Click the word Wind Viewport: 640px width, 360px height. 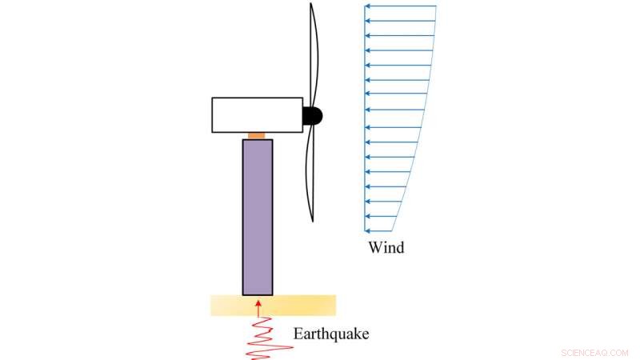tap(386, 247)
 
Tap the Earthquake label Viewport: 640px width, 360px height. tap(330, 334)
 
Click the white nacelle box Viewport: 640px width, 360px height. tap(257, 114)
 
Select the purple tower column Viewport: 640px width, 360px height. tap(258, 216)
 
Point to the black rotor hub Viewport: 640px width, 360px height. tap(313, 115)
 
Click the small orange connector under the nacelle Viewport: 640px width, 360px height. tap(257, 136)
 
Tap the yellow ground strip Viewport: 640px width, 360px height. tap(304, 305)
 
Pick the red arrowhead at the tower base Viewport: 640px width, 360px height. tap(258, 302)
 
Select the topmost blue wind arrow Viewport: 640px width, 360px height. tap(400, 6)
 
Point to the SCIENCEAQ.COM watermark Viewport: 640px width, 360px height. tap(595, 351)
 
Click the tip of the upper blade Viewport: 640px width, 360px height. tap(310, 4)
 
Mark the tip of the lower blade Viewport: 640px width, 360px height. tap(312, 220)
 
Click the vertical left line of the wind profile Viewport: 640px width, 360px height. tap(365, 120)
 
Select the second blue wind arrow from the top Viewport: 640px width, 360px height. tap(400, 21)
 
